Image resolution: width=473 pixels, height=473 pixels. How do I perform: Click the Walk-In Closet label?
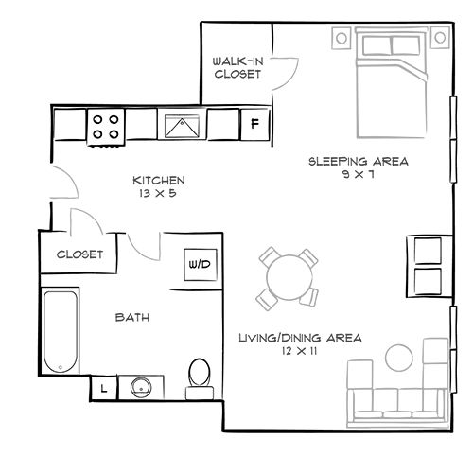click(x=236, y=66)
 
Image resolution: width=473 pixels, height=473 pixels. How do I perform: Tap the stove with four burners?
click(x=106, y=126)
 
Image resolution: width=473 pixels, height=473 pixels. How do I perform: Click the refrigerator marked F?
click(x=254, y=123)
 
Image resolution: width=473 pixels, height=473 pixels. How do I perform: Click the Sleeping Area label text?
click(x=359, y=161)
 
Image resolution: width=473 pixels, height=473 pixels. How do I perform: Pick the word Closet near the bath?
click(x=80, y=254)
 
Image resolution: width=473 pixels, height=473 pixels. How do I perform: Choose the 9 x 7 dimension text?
click(x=359, y=175)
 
